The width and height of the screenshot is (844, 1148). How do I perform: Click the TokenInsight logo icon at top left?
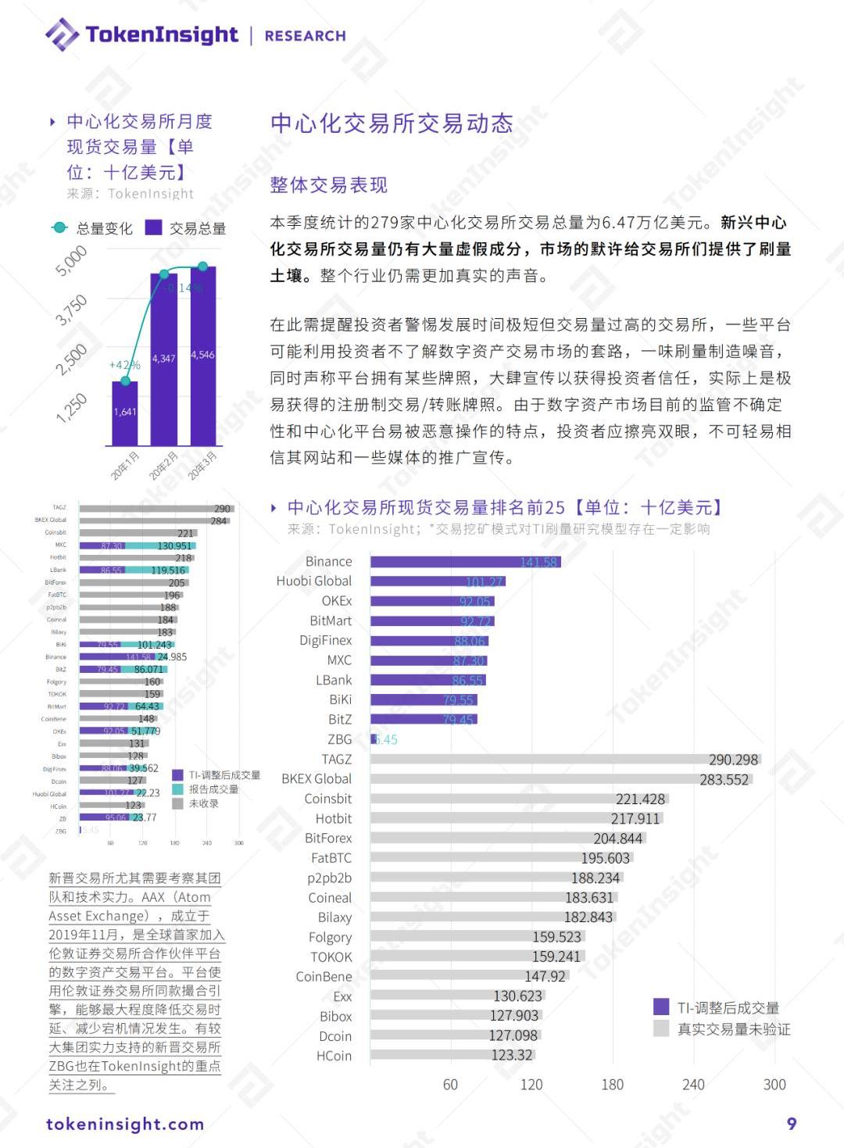pos(62,34)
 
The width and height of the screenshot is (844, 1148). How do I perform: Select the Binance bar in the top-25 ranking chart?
pos(465,562)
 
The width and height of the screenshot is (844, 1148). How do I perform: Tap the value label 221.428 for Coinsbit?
pos(640,799)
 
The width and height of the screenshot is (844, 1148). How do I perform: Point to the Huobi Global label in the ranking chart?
pos(313,581)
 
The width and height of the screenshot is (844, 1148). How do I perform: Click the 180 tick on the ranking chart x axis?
pos(612,1085)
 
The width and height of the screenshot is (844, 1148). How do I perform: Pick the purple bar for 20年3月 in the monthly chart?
pos(203,356)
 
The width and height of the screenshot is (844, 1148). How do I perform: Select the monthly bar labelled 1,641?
pos(125,413)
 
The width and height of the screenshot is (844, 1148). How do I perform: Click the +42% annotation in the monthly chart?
pos(124,365)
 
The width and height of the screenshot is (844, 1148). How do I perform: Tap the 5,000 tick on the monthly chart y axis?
pos(71,261)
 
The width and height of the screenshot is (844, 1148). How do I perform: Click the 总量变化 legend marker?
pos(59,227)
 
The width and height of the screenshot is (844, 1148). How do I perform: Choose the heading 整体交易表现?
pos(328,185)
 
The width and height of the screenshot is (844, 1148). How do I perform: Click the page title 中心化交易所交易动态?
pos(392,123)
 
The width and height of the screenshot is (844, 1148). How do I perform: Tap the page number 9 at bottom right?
pos(792,1124)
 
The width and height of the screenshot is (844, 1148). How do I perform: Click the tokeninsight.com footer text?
pos(125,1125)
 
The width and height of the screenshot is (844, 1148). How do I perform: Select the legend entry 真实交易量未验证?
pos(733,1029)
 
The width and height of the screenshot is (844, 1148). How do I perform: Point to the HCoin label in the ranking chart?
pos(334,1056)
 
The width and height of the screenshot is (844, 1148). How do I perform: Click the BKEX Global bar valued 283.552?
pos(561,779)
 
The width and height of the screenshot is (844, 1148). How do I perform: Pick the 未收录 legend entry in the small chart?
pos(203,803)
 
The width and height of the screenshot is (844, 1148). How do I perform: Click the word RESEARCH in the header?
pos(305,36)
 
